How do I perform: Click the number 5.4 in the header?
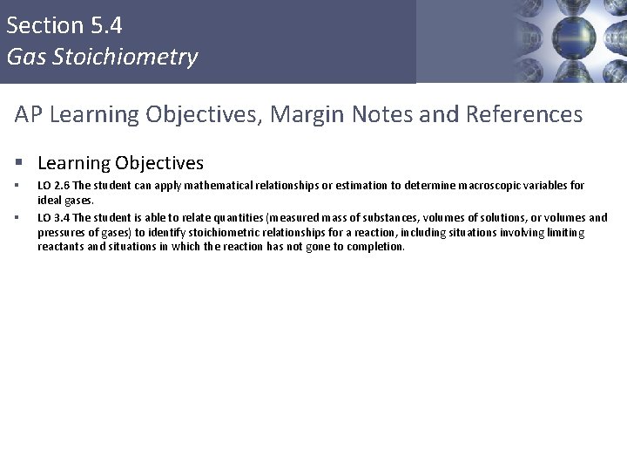(105, 25)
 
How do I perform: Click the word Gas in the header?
(23, 58)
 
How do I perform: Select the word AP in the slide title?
(29, 114)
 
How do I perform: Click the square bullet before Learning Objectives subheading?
(18, 163)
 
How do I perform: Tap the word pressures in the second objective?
(61, 234)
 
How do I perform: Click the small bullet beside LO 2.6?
(17, 186)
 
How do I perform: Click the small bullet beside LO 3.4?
(17, 218)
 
